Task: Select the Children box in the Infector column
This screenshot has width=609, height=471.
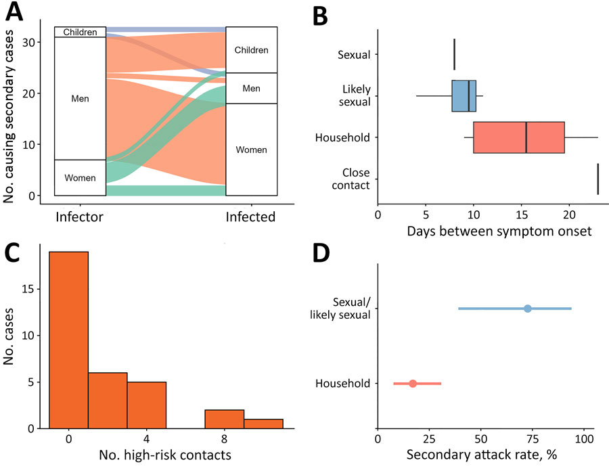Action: (80, 32)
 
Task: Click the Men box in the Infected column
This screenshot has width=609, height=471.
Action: (252, 88)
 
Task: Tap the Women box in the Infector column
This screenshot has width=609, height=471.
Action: (80, 178)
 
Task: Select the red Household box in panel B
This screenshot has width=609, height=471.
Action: (518, 138)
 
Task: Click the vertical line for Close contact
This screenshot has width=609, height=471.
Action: (598, 179)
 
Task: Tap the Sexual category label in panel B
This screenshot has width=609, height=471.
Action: (354, 54)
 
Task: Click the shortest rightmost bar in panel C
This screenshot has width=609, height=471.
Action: (263, 424)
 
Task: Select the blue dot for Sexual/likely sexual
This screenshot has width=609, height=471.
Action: (528, 309)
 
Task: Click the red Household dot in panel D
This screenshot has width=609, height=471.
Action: (413, 384)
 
